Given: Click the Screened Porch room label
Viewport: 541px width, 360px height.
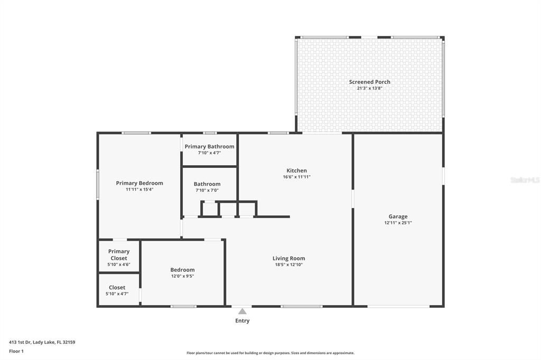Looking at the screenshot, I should pyautogui.click(x=369, y=82).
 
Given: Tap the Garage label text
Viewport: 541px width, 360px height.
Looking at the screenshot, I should pyautogui.click(x=398, y=216).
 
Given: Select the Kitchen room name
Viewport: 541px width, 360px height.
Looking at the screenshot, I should pyautogui.click(x=296, y=170).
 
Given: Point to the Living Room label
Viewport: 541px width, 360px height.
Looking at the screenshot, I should pyautogui.click(x=288, y=258).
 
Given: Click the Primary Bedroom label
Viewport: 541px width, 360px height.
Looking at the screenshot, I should pyautogui.click(x=139, y=183).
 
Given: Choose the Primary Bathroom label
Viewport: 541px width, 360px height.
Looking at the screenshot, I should pyautogui.click(x=209, y=146).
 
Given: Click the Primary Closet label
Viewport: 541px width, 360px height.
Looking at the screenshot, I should pyautogui.click(x=119, y=255).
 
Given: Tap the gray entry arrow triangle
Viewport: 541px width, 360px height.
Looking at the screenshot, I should pyautogui.click(x=242, y=311).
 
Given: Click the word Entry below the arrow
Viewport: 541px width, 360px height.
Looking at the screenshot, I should pyautogui.click(x=242, y=320).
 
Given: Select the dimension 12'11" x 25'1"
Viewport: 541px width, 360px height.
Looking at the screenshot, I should pyautogui.click(x=398, y=223).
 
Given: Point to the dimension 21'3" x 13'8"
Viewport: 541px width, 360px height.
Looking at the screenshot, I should pyautogui.click(x=369, y=88).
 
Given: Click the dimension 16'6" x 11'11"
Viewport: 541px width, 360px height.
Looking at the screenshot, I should pyautogui.click(x=296, y=177).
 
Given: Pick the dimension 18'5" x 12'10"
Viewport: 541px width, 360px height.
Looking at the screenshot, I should pyautogui.click(x=288, y=264).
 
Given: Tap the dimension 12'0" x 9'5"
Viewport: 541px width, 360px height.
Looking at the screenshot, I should pyautogui.click(x=182, y=276).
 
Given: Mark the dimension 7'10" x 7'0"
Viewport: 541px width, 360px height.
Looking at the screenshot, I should pyautogui.click(x=207, y=191).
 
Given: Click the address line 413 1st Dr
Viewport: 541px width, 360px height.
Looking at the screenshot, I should pyautogui.click(x=42, y=342).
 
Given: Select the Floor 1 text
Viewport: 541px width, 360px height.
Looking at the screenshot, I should pyautogui.click(x=16, y=351).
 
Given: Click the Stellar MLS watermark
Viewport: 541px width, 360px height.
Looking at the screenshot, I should pyautogui.click(x=525, y=180).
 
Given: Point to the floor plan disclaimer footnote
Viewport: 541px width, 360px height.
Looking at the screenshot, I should pyautogui.click(x=270, y=353).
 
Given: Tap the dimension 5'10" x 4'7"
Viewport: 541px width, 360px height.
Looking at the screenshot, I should pyautogui.click(x=117, y=293).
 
